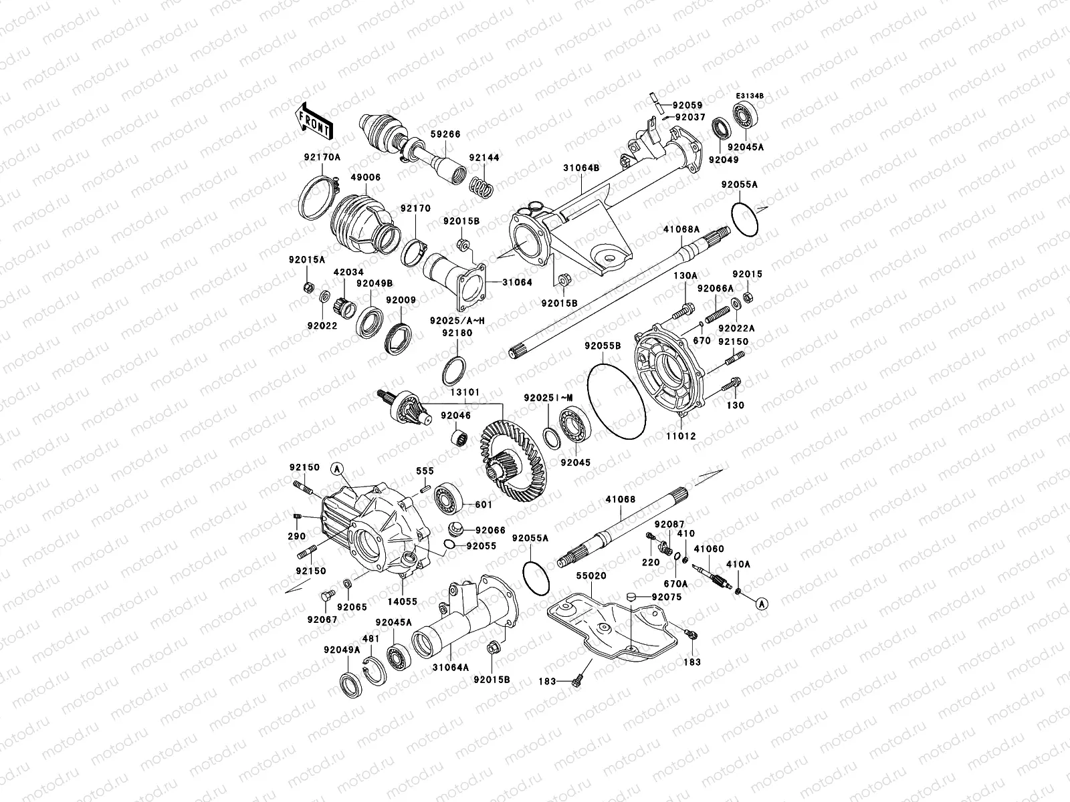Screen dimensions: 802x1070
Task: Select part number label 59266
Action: click(x=445, y=134)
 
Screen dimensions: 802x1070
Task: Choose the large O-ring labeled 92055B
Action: click(x=615, y=401)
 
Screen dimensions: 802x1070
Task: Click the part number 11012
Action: click(x=681, y=436)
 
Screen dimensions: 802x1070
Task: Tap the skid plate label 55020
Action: click(x=591, y=575)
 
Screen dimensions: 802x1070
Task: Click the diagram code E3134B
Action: click(x=750, y=96)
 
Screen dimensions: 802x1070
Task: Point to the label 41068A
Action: click(x=681, y=229)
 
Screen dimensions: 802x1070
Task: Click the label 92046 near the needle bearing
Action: click(x=455, y=416)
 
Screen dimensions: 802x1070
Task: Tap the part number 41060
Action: click(x=709, y=549)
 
